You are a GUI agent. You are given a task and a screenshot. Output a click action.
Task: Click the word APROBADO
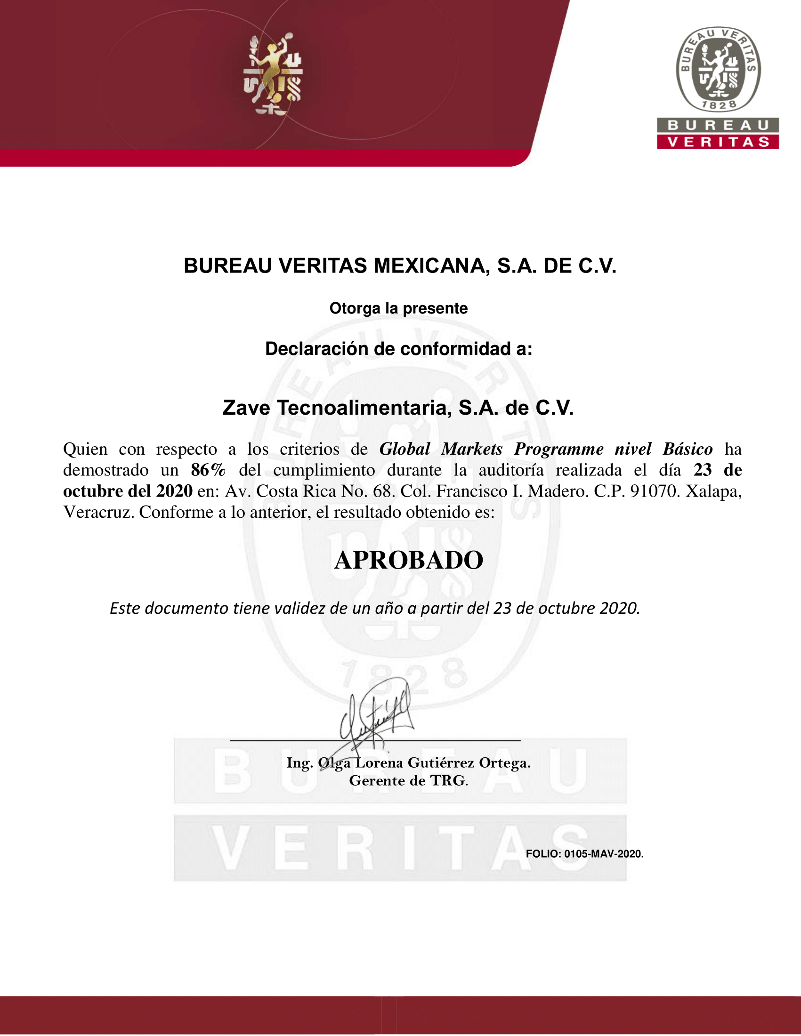point(409,560)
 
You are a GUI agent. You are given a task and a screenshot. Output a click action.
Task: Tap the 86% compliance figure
point(208,470)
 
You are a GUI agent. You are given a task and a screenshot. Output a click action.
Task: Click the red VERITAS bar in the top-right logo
point(718,142)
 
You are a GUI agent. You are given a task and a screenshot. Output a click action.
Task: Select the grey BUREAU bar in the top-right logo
point(718,125)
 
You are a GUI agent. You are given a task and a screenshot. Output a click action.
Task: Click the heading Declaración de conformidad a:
point(398,349)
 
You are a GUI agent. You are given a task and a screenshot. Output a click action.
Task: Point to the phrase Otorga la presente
point(398,308)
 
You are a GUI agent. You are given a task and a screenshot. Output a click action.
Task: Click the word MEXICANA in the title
point(431,265)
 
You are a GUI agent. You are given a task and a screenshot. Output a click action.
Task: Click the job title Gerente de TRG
point(409,780)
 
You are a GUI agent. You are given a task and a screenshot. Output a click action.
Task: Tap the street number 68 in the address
point(382,491)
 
